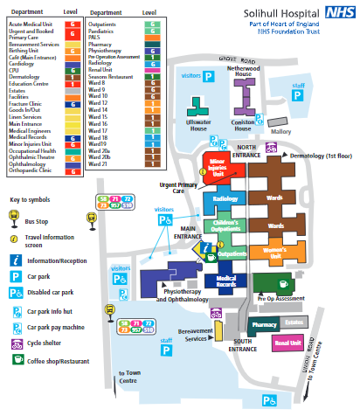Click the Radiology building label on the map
pos(225,199)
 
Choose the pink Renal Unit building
pos(287,343)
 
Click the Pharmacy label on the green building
pos(264,324)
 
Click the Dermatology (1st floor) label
pos(319,155)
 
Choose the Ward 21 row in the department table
pos(121,163)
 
